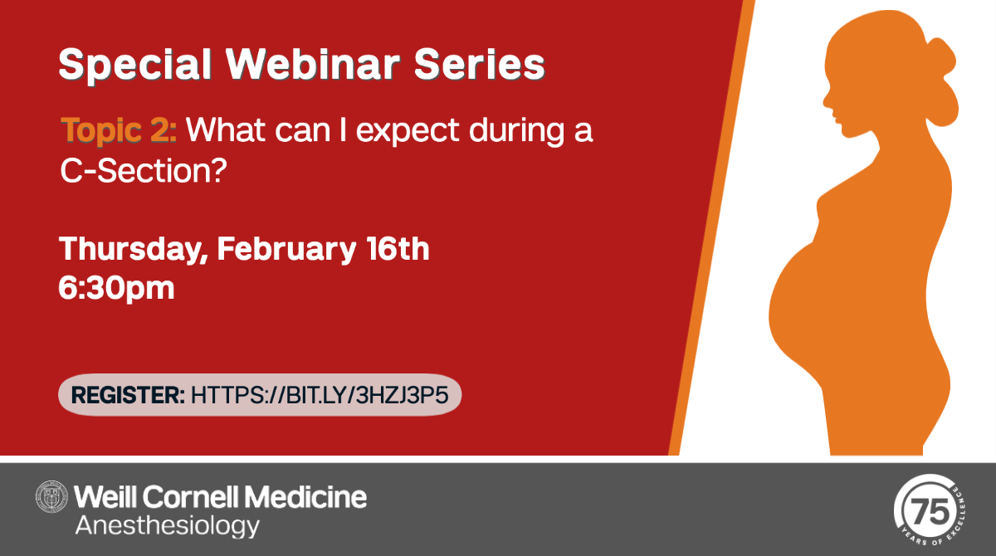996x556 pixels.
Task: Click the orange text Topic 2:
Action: point(118,130)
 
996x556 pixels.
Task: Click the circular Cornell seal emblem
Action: point(52,497)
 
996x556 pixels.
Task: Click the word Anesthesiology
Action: point(167,525)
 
